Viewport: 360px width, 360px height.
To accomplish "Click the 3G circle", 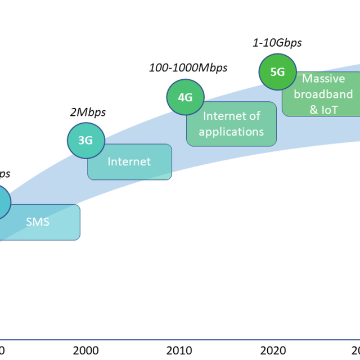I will click(x=85, y=141).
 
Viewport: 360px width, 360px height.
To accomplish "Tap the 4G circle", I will click(x=185, y=97).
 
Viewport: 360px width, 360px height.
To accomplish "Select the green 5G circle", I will click(x=277, y=71).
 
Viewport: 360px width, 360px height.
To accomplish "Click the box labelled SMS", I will click(x=38, y=222).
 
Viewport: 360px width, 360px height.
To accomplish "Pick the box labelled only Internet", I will click(x=129, y=162).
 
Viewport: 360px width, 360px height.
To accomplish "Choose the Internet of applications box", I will click(x=231, y=124).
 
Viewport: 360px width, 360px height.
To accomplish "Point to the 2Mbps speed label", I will click(x=88, y=112).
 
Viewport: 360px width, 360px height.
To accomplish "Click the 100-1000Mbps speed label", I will click(x=188, y=68).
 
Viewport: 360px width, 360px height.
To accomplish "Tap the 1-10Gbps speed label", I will click(x=277, y=42).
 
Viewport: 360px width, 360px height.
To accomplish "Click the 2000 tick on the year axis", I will click(x=85, y=349).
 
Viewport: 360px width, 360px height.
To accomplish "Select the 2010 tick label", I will click(x=178, y=349).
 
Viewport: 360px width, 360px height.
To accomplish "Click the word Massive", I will click(x=323, y=79).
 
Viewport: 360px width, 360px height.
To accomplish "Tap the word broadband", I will click(x=323, y=94).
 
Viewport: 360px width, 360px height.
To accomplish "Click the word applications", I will click(x=231, y=132).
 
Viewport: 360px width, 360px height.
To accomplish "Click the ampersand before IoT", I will click(x=313, y=110).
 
